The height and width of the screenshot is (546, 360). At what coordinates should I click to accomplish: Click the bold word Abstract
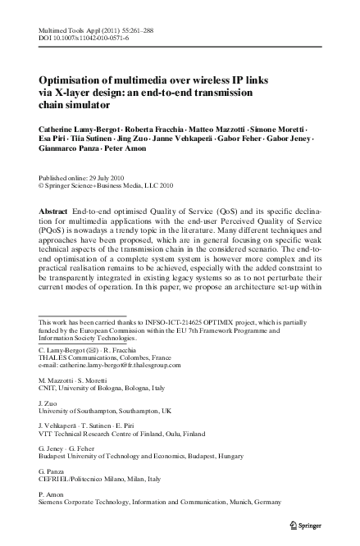pos(54,212)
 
